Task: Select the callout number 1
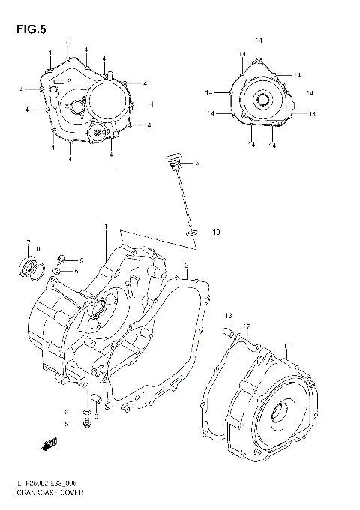click(106, 227)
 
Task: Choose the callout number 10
click(216, 232)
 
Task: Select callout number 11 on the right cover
click(286, 345)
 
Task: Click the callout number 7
click(28, 242)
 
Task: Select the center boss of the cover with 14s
click(264, 100)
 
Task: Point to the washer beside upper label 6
click(58, 270)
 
